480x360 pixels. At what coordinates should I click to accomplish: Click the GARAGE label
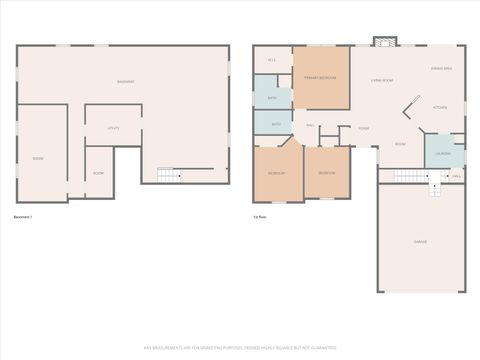(x=421, y=242)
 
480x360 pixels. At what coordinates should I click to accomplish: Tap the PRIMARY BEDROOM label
(x=321, y=77)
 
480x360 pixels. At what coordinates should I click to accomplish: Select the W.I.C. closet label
(x=271, y=61)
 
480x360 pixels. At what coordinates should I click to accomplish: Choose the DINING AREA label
(x=442, y=68)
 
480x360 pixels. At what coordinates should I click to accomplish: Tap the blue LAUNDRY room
(x=444, y=153)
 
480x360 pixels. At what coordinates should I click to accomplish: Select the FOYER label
(x=364, y=128)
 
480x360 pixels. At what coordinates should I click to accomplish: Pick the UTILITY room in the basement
(x=113, y=128)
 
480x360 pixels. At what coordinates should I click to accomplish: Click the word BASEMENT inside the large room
(x=126, y=81)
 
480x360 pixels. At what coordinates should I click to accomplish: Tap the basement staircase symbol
(x=171, y=175)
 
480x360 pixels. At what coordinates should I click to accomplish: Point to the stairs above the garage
(x=412, y=175)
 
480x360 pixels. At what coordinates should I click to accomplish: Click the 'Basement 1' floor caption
(x=23, y=216)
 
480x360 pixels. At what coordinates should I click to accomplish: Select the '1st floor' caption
(x=261, y=216)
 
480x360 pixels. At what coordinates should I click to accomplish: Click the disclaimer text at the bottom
(x=240, y=347)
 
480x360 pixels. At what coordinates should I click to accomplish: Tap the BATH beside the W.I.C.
(x=272, y=98)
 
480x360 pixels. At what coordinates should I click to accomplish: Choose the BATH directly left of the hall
(x=276, y=124)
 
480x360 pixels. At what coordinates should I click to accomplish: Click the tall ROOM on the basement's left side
(x=38, y=158)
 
